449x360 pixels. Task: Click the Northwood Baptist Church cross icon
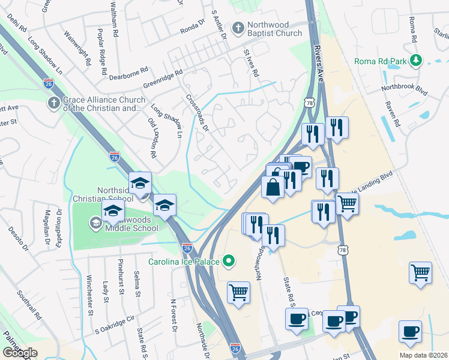(x=238, y=28)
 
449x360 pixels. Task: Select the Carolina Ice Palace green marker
(x=228, y=261)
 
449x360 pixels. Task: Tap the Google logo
(x=20, y=352)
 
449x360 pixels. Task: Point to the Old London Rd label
(x=152, y=138)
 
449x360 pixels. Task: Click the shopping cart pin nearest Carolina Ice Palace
(x=238, y=293)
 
